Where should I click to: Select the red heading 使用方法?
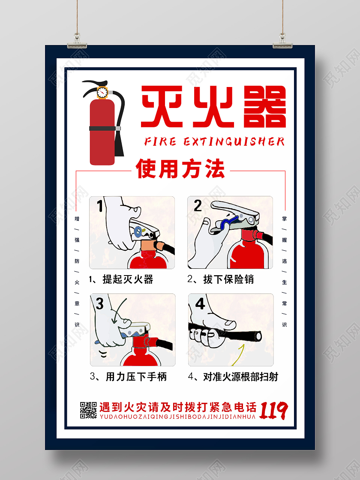(180, 169)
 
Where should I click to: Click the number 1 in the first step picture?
(99, 206)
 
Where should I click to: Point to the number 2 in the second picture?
(198, 206)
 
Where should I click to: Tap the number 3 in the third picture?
(99, 304)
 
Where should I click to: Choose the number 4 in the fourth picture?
(200, 303)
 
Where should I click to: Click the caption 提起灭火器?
(127, 279)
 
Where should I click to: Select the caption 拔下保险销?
(228, 279)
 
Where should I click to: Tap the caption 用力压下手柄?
(136, 377)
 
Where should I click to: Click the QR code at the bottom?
(88, 410)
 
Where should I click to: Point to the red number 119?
(274, 410)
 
